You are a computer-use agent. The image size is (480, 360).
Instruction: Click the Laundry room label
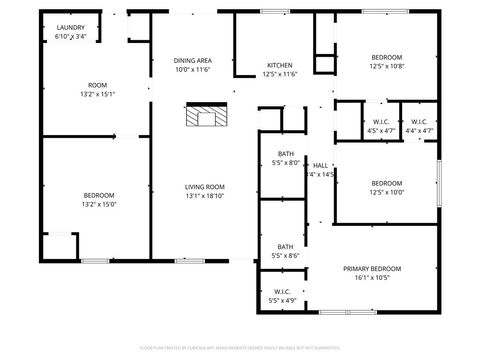(x=70, y=28)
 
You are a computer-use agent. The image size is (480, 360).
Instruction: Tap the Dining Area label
(x=193, y=60)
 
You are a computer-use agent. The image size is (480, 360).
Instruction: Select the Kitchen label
(x=279, y=65)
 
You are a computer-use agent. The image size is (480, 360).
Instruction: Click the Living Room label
(x=204, y=187)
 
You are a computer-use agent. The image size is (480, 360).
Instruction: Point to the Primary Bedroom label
(x=372, y=269)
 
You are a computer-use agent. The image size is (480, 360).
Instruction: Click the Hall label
(x=320, y=165)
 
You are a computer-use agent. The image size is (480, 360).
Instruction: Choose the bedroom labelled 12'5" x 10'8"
(x=387, y=62)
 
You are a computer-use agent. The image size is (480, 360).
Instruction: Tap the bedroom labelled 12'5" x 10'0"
(x=387, y=188)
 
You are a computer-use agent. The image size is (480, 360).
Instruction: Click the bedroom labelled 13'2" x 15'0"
(x=99, y=199)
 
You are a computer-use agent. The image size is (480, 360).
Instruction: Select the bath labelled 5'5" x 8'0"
(x=286, y=158)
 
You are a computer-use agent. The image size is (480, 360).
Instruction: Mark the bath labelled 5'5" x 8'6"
(x=286, y=251)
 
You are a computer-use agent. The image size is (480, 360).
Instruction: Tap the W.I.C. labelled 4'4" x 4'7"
(x=420, y=125)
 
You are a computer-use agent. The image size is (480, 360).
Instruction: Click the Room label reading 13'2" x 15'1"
(x=98, y=90)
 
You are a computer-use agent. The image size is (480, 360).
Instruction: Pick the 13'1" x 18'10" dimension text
(x=204, y=196)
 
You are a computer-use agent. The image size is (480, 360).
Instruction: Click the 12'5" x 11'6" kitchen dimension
(x=279, y=74)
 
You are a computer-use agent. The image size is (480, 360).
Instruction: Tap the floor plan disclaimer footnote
(x=240, y=347)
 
